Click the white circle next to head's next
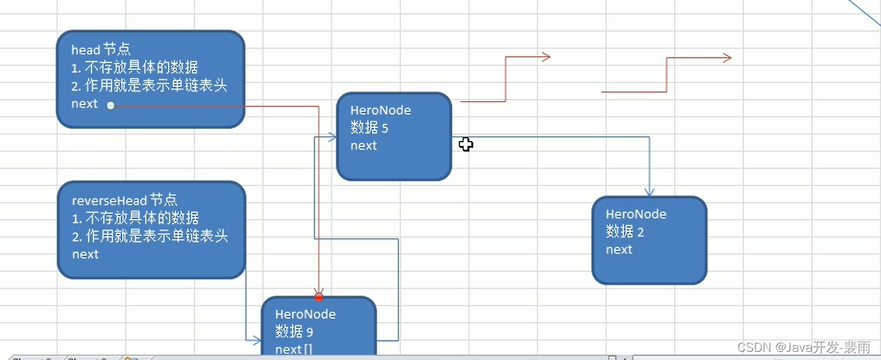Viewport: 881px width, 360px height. coord(110,106)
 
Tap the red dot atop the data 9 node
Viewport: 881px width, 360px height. coord(319,297)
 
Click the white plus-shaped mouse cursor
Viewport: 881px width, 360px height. coord(466,144)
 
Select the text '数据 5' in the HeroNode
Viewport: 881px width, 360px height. coord(369,127)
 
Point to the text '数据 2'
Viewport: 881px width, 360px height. coord(625,232)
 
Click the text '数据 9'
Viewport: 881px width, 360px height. coord(294,332)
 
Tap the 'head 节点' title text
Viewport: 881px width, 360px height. coord(101,49)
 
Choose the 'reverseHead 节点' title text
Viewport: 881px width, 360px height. coord(125,200)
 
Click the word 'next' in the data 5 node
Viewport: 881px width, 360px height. coord(363,146)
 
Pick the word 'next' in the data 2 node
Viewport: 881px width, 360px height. coord(619,249)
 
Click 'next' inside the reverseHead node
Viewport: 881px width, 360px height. coord(85,254)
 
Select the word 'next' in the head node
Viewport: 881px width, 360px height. coord(85,104)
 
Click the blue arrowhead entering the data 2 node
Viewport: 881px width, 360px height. coord(649,193)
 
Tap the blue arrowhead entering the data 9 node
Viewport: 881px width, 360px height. coord(257,340)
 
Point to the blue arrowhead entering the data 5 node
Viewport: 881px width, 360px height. coord(332,137)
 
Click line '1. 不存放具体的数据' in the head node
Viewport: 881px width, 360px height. coord(135,67)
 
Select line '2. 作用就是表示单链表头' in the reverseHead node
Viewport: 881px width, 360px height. coord(150,236)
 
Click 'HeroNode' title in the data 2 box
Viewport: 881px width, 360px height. coord(636,214)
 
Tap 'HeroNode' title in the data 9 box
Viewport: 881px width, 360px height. coord(305,314)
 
